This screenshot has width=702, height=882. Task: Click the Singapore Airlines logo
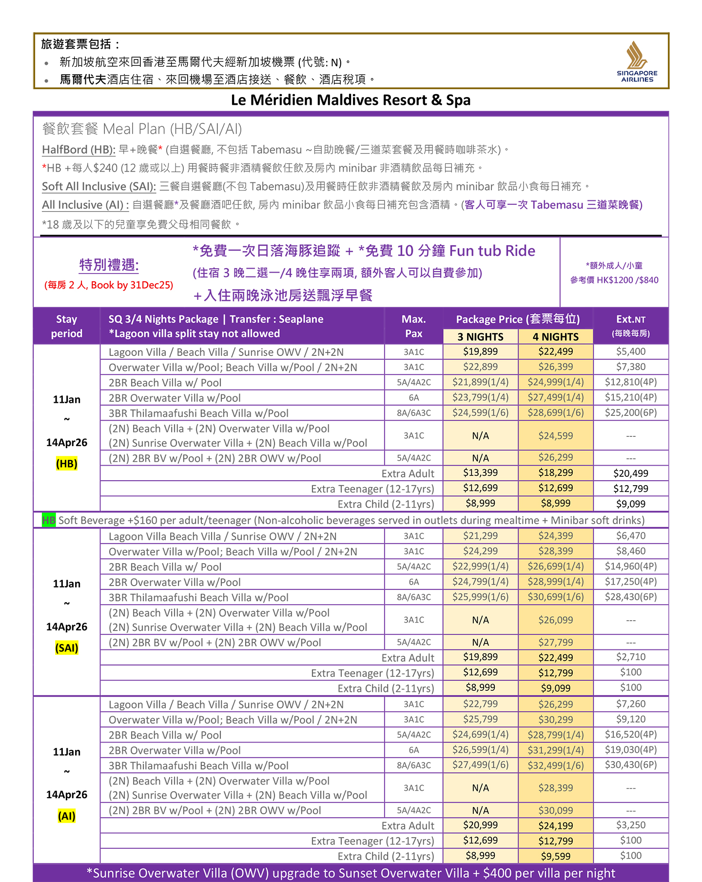click(x=637, y=61)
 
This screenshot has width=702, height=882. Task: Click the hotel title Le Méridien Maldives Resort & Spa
click(x=351, y=100)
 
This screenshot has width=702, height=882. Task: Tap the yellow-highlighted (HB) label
click(x=67, y=464)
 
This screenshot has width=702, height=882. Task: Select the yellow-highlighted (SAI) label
click(x=67, y=648)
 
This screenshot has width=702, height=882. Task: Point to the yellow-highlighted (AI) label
click(x=67, y=816)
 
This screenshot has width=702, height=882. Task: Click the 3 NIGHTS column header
click(x=480, y=337)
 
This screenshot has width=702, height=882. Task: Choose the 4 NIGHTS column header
click(x=555, y=337)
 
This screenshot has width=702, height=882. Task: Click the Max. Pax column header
click(x=413, y=326)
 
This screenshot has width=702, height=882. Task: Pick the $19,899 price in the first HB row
click(x=480, y=352)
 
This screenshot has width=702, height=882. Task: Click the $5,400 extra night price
click(x=630, y=352)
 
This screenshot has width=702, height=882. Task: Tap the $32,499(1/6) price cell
click(x=555, y=765)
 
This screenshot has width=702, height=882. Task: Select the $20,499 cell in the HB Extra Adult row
click(x=630, y=473)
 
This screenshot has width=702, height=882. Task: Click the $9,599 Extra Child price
click(x=555, y=856)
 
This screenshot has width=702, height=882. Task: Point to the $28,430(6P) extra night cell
click(x=630, y=597)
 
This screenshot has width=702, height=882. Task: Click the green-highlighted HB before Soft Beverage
click(x=49, y=520)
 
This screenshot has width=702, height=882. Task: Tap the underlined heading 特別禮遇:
click(x=109, y=265)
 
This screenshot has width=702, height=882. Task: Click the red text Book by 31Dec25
click(x=132, y=285)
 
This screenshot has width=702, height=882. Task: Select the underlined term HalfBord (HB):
click(x=78, y=150)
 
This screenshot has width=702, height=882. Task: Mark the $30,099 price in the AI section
click(x=555, y=810)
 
